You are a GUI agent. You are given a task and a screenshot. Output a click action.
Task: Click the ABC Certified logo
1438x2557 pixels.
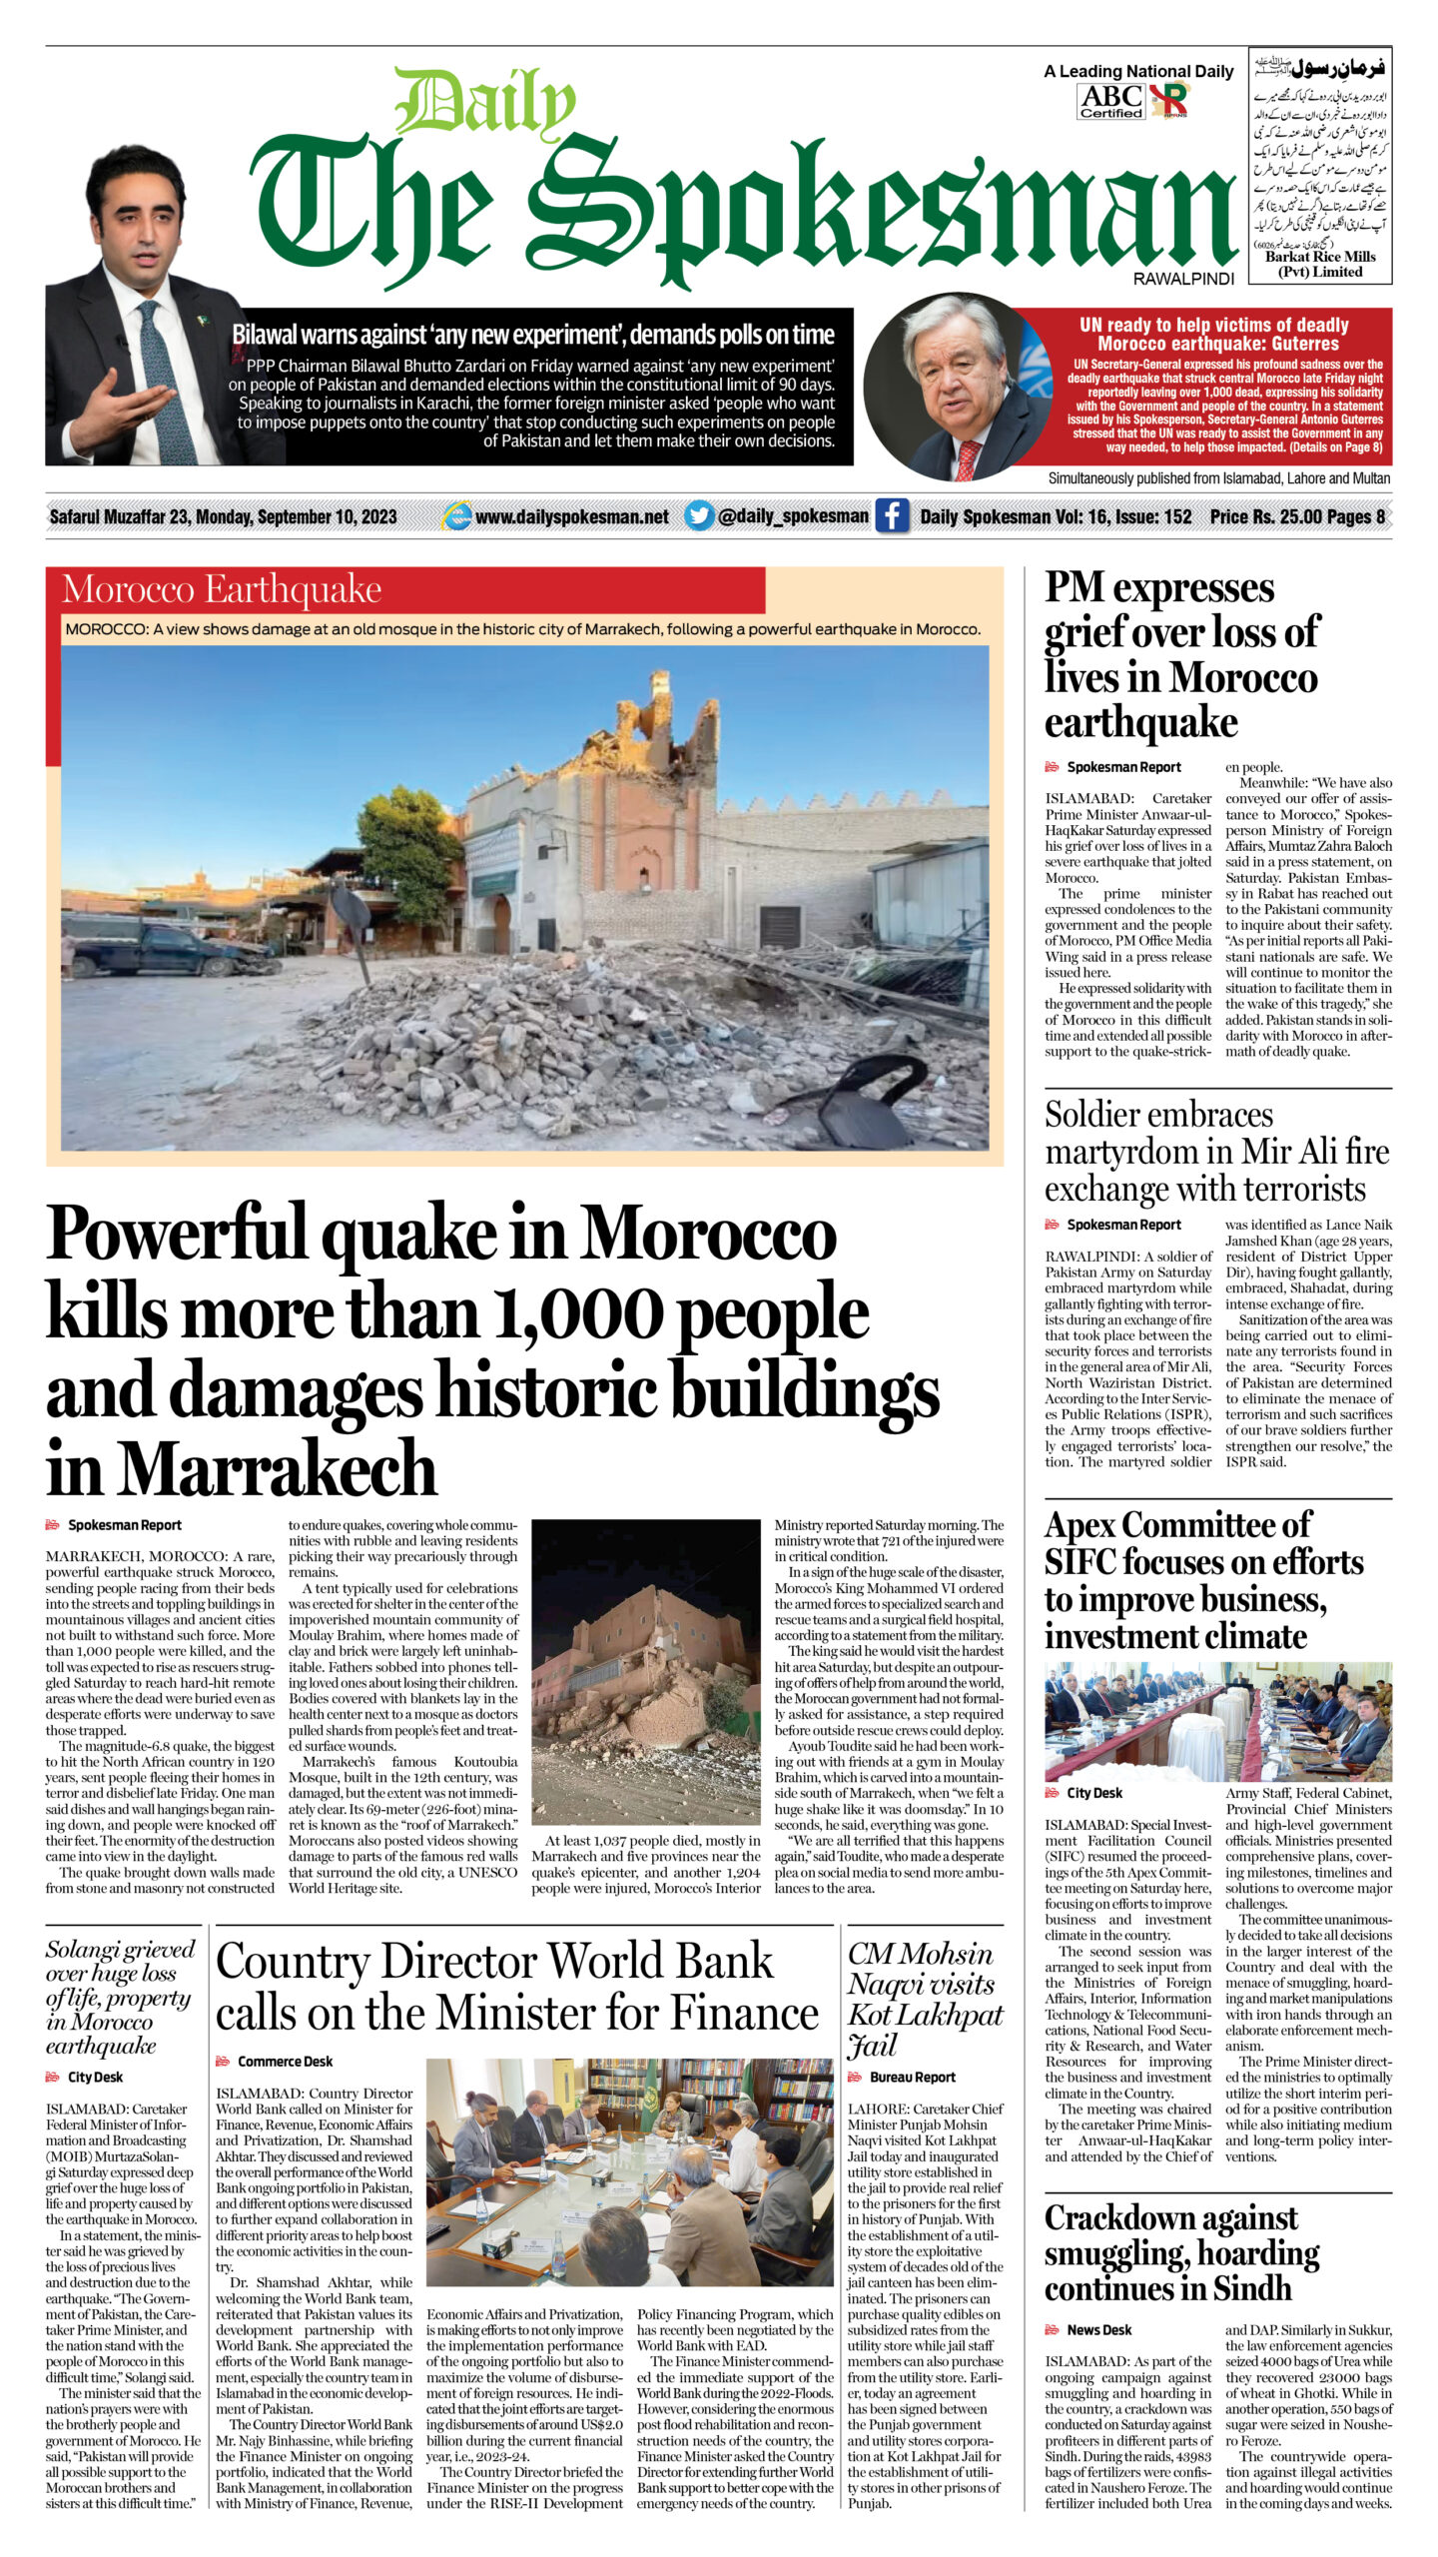click(x=1110, y=101)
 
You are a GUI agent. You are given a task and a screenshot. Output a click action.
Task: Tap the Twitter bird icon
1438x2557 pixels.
click(x=700, y=516)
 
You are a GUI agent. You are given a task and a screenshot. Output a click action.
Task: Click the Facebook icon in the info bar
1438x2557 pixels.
click(x=891, y=516)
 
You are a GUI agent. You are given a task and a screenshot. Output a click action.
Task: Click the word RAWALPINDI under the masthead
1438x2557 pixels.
click(x=1183, y=280)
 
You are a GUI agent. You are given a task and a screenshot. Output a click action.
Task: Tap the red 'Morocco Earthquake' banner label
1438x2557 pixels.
click(x=222, y=590)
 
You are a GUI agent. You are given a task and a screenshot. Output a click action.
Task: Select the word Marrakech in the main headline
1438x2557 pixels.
click(x=279, y=1470)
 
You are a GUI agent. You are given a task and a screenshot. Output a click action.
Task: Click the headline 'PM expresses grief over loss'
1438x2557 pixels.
click(x=1180, y=654)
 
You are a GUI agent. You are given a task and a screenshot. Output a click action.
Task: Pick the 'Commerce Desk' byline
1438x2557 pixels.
click(x=285, y=2061)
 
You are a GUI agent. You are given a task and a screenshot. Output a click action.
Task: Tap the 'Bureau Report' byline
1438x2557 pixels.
click(x=913, y=2077)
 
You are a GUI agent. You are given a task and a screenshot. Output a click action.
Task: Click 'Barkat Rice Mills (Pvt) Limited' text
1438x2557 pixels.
click(x=1320, y=264)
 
